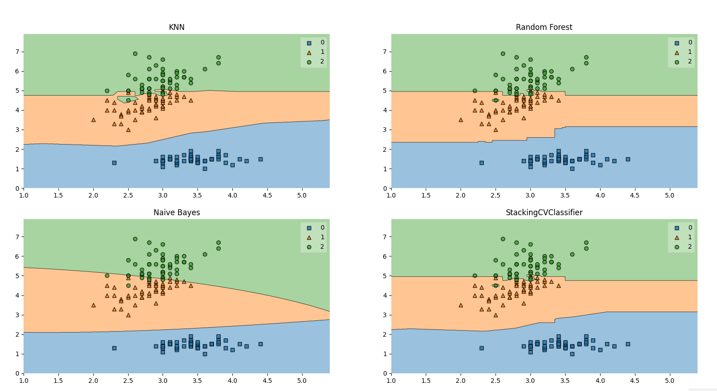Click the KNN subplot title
tap(177, 27)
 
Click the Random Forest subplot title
tap(544, 27)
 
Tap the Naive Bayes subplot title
tap(177, 212)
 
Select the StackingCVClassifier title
tap(544, 212)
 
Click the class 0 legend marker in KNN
tap(309, 43)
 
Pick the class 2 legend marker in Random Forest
tap(677, 62)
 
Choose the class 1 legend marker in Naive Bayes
tap(309, 237)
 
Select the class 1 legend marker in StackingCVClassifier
tap(677, 237)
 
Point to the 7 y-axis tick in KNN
tap(18, 52)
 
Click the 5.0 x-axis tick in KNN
tap(302, 195)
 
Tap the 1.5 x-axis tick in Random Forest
tap(426, 195)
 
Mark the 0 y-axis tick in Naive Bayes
tap(18, 373)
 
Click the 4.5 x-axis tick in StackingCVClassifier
tap(635, 381)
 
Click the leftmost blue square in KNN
tap(114, 163)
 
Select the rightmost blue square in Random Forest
tap(628, 159)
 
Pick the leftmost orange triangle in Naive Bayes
tap(93, 305)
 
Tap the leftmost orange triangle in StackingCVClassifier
tap(461, 305)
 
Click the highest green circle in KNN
tap(135, 53)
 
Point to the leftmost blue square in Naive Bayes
tap(114, 348)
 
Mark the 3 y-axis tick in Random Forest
tap(385, 130)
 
